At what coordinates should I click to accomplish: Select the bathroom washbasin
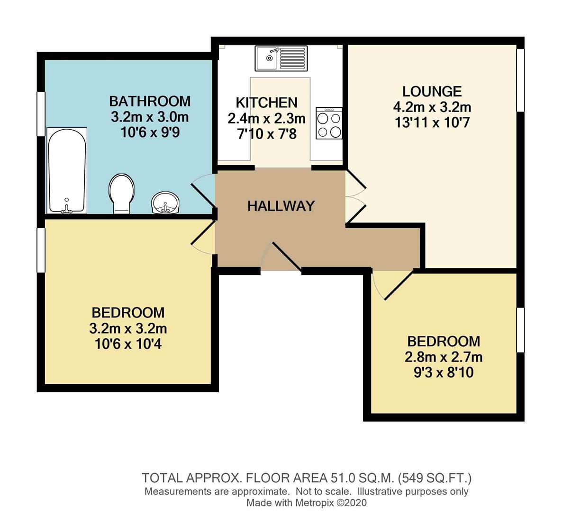click(x=165, y=203)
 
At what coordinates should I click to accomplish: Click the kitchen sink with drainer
click(x=281, y=58)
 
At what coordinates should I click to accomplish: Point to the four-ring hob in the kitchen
click(x=329, y=123)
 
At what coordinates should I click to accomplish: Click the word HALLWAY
click(x=281, y=206)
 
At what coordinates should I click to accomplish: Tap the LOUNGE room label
click(x=432, y=91)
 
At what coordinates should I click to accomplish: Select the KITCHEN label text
click(x=266, y=102)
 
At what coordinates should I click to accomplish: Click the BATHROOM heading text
click(x=150, y=101)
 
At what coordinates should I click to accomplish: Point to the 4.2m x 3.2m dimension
click(x=432, y=107)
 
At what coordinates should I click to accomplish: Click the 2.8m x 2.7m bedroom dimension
click(x=444, y=357)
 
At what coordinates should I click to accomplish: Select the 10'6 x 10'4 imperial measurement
click(x=128, y=344)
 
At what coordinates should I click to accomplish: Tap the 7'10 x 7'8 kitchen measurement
click(x=266, y=134)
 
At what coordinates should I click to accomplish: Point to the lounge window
click(x=520, y=80)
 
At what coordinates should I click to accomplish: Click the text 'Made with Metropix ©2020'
click(x=306, y=502)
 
